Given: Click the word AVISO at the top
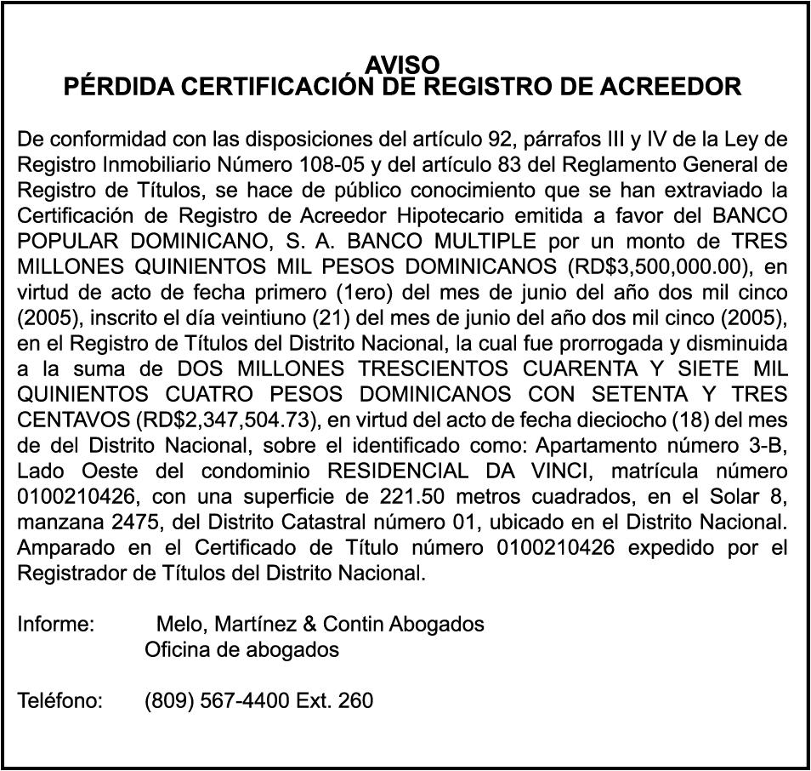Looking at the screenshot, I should (403, 65).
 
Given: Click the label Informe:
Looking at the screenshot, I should (55, 624).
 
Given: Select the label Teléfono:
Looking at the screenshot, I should (60, 701).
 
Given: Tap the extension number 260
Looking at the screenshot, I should (355, 701).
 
